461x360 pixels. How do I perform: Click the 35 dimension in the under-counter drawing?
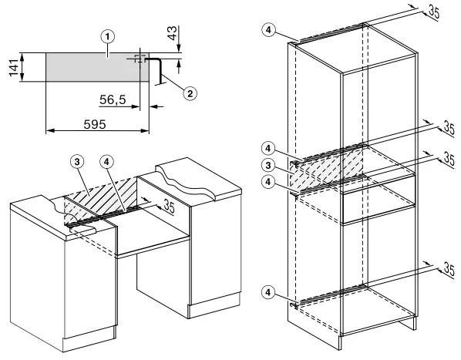coord(169,207)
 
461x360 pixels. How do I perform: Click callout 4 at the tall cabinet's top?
coord(268,30)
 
